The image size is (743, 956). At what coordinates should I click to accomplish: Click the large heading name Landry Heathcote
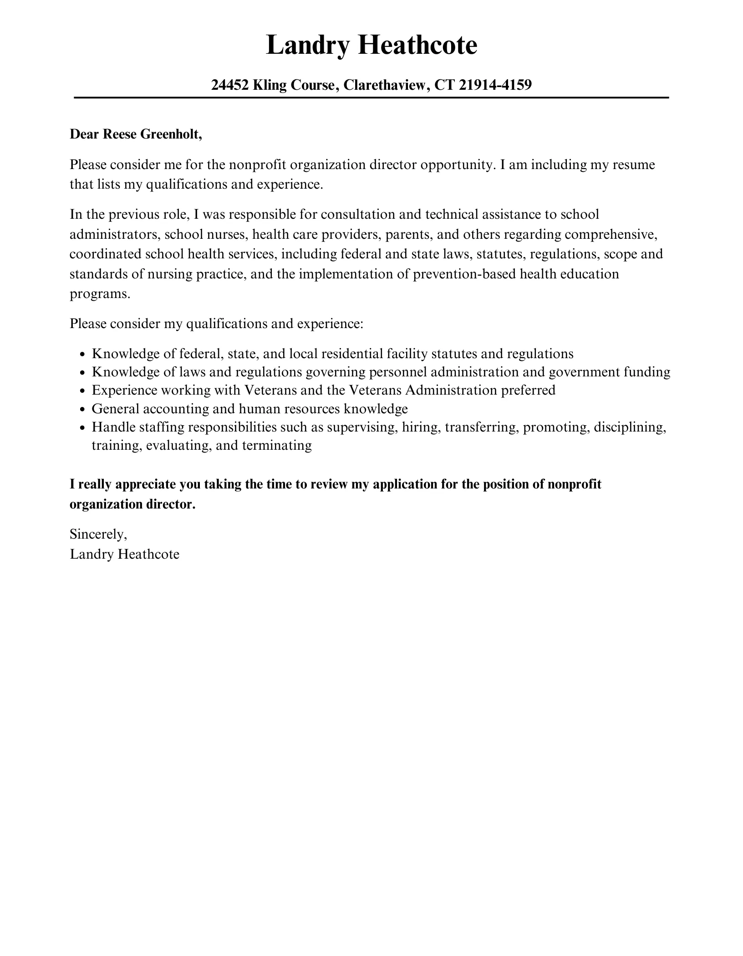tap(371, 46)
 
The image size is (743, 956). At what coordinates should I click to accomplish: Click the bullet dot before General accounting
tap(82, 410)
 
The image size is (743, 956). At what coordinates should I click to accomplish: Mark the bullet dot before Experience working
tap(82, 391)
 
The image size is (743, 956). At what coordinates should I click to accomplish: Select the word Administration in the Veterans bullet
tap(451, 391)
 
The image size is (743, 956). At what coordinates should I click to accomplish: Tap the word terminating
tap(277, 445)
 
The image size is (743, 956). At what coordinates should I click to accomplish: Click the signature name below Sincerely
tap(124, 554)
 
